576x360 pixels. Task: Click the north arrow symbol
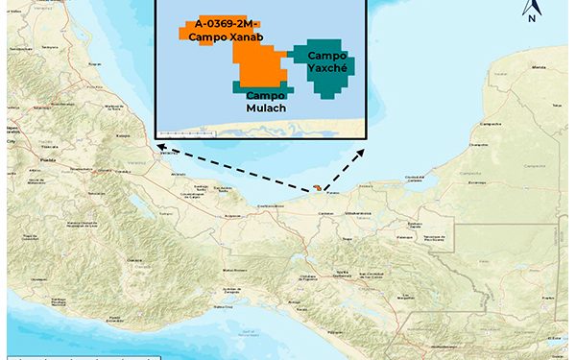(x=530, y=11)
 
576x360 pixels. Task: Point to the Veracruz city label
(x=169, y=152)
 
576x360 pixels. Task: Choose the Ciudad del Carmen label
(x=415, y=177)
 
